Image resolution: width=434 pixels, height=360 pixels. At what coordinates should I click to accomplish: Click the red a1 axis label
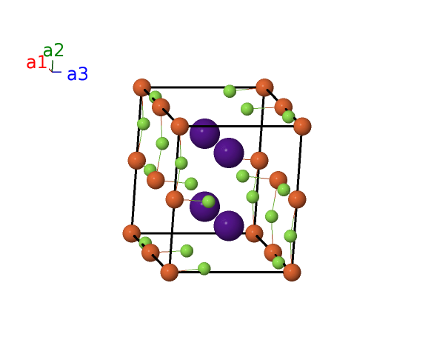(36, 62)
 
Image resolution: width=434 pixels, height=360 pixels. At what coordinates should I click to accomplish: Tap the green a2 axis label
(53, 50)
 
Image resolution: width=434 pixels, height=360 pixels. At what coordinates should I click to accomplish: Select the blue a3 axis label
(78, 74)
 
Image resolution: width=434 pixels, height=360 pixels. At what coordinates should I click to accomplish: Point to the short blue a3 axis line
(56, 72)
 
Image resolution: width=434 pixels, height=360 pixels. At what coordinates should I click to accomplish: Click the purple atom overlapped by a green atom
(204, 207)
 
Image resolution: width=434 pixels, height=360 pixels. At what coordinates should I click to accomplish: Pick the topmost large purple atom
(204, 134)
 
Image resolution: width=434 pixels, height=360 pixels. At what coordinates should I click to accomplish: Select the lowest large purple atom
(229, 226)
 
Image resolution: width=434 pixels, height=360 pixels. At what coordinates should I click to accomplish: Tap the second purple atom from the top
(229, 153)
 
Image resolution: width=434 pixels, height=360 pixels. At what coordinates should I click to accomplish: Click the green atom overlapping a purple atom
(209, 201)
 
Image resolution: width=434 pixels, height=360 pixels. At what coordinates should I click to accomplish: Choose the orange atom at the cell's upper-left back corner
(142, 87)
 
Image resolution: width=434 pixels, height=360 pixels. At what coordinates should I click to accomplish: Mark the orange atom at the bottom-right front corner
(292, 272)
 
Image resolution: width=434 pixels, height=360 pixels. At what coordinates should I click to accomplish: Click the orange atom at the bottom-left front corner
(170, 272)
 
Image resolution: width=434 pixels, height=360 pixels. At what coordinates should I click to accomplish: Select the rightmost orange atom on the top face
(302, 126)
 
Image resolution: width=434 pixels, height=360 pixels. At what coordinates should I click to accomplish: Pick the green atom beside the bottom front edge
(204, 269)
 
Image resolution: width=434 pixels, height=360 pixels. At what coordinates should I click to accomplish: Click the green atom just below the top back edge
(230, 91)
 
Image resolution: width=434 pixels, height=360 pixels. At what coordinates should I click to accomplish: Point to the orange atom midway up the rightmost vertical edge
(297, 199)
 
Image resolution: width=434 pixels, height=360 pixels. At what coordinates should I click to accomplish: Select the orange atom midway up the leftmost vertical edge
(137, 161)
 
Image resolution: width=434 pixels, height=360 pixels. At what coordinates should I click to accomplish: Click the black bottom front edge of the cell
(230, 272)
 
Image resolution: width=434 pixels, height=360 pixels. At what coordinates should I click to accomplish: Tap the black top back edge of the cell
(203, 87)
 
